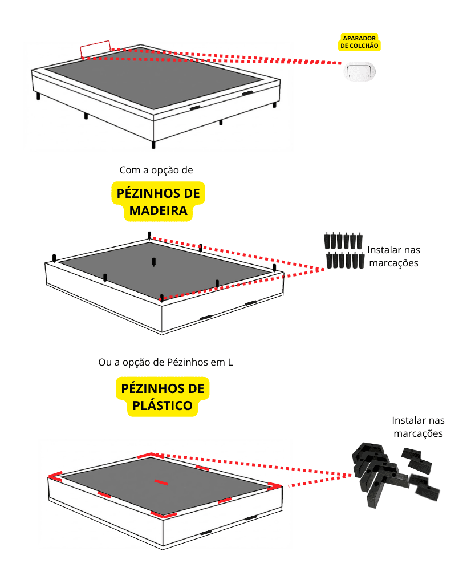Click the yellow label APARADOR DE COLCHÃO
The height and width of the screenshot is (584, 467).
[359, 42]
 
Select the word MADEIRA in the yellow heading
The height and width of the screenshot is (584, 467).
[158, 211]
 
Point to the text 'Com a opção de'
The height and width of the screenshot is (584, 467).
[157, 170]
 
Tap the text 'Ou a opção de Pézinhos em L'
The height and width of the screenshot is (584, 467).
[165, 362]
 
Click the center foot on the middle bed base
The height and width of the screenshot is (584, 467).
[154, 262]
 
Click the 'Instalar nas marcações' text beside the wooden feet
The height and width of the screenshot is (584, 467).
[393, 257]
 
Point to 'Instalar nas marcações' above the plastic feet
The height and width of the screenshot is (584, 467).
[418, 427]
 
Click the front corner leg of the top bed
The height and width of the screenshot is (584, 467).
[153, 144]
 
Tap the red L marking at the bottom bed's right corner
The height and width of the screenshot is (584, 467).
[274, 486]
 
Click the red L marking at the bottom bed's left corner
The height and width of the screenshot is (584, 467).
[55, 476]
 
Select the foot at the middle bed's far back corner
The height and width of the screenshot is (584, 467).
[149, 235]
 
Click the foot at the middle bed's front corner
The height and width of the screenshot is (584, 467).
[162, 297]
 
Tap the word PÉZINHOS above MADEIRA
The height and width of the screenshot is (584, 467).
[158, 193]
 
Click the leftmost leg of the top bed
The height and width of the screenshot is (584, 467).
[39, 96]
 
